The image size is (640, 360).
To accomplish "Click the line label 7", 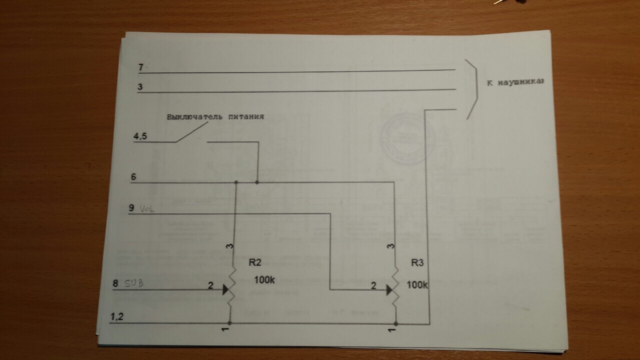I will tap(141, 67).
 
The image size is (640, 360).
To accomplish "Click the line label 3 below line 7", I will tap(140, 86).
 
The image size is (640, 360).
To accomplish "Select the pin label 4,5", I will tap(140, 136).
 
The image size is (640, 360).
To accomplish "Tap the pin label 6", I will tap(133, 177).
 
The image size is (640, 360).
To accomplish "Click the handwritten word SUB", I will tap(133, 283).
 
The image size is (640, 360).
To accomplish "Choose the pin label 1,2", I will tap(116, 316).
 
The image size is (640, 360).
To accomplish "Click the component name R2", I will tap(255, 262).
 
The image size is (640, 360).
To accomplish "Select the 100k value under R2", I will tap(264, 280).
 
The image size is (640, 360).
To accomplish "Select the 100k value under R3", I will tap(417, 285).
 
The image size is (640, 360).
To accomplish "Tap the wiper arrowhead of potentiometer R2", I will tap(226, 289).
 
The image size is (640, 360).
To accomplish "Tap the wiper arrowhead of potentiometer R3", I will tap(389, 289).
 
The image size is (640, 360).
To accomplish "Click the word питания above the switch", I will tap(245, 116).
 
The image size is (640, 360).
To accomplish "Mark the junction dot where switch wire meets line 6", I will tap(257, 182).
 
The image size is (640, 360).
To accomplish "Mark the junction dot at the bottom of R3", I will tap(395, 324).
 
